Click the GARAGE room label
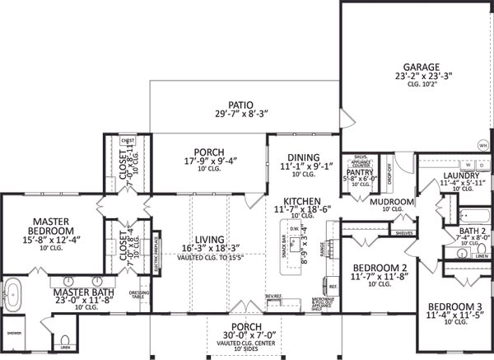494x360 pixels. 427,66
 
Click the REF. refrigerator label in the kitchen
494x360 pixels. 333,286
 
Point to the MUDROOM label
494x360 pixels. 391,201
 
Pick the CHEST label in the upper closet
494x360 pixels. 127,141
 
